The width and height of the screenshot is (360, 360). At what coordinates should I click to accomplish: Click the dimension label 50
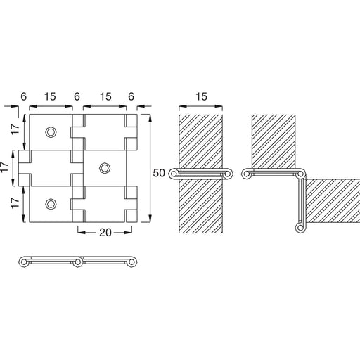pyautogui.click(x=159, y=173)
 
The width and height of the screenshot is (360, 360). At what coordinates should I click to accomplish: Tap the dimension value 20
pyautogui.click(x=105, y=233)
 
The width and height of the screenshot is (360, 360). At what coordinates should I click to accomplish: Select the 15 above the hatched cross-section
pyautogui.click(x=201, y=96)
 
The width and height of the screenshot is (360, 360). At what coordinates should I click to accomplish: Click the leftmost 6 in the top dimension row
pyautogui.click(x=24, y=96)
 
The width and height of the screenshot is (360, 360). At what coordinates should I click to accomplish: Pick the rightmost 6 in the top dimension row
pyautogui.click(x=131, y=96)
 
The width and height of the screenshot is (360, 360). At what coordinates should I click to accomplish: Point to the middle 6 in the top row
pyautogui.click(x=77, y=96)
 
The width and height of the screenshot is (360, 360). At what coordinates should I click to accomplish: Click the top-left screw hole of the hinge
pyautogui.click(x=51, y=132)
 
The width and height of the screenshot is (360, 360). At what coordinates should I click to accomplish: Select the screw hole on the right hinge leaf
pyautogui.click(x=105, y=168)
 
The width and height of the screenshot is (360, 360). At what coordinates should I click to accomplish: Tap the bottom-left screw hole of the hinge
pyautogui.click(x=51, y=204)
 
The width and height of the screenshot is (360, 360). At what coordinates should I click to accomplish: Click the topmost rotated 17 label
pyautogui.click(x=15, y=129)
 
